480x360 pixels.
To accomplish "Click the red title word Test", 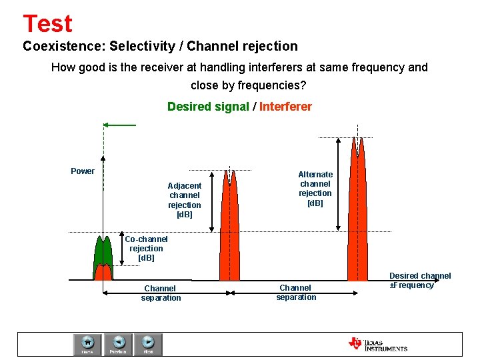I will pos(47,23).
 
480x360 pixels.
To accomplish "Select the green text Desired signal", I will pos(207,107).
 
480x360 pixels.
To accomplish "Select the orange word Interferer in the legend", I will pos(285,107).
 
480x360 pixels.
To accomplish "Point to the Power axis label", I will pos(83,171).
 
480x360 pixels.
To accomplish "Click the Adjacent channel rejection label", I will pos(185,200).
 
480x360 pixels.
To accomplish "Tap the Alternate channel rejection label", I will pos(315,189).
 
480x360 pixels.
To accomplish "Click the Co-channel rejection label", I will pos(146,248).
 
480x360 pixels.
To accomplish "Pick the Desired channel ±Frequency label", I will pos(420,280).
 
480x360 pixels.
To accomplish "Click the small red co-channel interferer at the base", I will pos(103,273).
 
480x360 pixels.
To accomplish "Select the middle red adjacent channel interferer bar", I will pos(229,233).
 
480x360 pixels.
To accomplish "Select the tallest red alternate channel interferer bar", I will pos(358,213).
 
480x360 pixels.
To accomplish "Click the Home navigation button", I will pos(87,344).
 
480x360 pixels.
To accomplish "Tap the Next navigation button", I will pos(149,344).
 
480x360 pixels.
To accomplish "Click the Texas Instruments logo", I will pos(377,344).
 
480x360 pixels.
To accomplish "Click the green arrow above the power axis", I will pos(120,125).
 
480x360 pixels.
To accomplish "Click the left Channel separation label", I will pos(161,293).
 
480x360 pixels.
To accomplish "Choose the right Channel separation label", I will pos(296,292).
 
